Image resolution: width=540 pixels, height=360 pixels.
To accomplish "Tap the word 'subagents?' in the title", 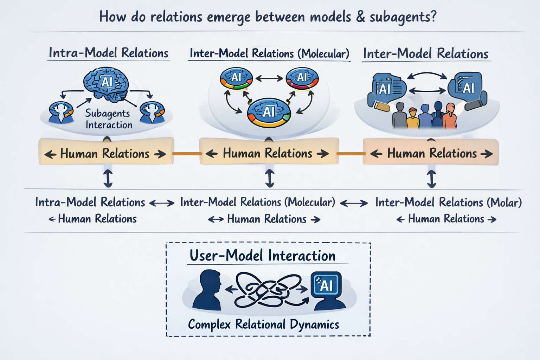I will coord(403,17).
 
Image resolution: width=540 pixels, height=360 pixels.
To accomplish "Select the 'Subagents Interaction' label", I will coord(108,119).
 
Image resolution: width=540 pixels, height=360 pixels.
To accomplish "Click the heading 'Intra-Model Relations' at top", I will coord(109,53).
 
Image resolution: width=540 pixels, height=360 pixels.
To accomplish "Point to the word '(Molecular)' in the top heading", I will coord(323,54).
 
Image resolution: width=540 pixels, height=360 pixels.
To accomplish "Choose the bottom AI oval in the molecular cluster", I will coord(269,112).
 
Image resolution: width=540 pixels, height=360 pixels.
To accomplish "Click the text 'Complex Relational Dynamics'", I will coord(264,324).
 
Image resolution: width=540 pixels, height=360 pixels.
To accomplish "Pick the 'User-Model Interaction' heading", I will coord(263,256).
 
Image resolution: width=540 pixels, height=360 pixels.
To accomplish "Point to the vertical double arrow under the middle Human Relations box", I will coord(269,178).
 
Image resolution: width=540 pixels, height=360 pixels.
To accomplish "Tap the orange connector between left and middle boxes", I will coord(187,154).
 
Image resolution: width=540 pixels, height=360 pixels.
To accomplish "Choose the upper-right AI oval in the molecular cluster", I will coord(302,78).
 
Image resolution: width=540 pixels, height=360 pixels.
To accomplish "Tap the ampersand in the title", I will coord(360,17).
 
